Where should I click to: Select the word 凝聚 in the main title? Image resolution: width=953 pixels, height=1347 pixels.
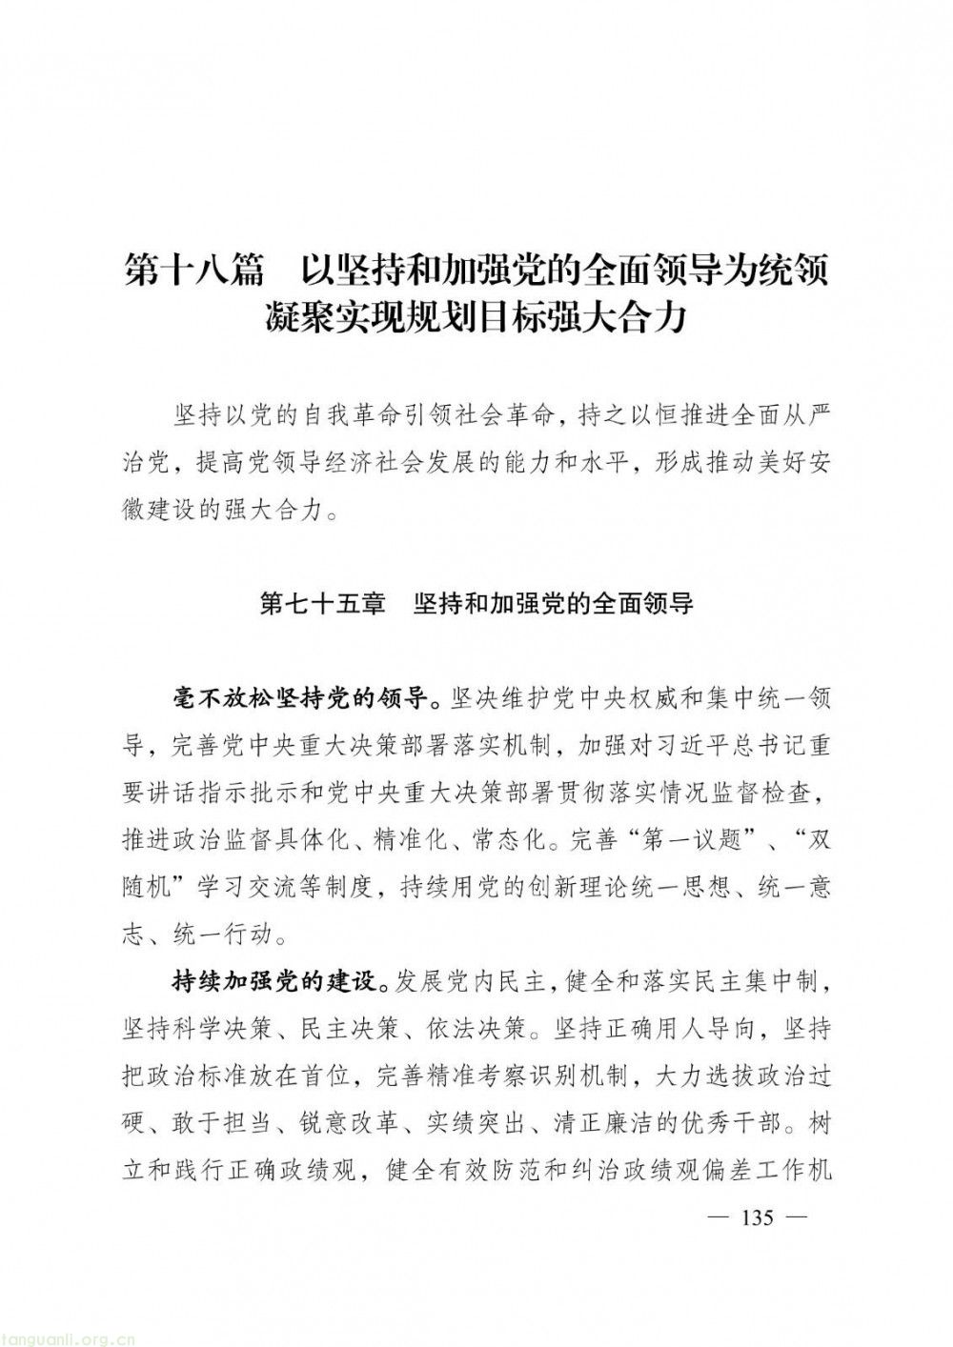303,318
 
